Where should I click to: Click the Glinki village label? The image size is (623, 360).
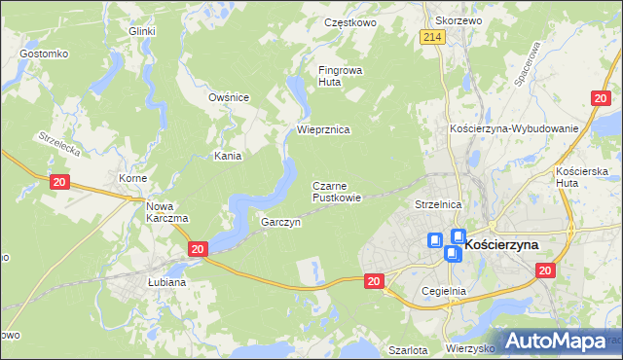[142, 31]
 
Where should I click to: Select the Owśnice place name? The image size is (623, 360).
[230, 97]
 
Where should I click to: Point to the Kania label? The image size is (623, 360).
[228, 156]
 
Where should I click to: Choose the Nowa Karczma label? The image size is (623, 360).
[166, 212]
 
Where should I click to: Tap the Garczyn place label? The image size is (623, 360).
[280, 223]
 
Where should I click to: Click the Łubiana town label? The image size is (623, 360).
[167, 282]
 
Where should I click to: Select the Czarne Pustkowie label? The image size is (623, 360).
[337, 192]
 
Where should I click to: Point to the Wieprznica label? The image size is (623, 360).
[323, 129]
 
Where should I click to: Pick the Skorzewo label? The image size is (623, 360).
[459, 20]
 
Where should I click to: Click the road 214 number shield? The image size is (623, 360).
[433, 37]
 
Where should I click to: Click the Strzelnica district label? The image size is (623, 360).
[437, 205]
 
